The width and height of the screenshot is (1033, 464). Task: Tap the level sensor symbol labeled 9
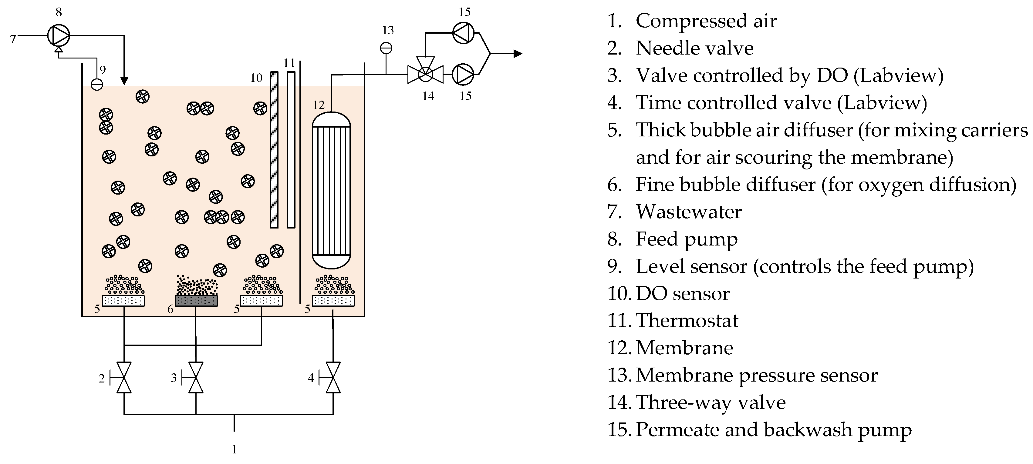click(x=97, y=84)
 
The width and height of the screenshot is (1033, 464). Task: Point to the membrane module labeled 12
click(x=331, y=190)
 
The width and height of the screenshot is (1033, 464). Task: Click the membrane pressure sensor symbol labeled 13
click(x=386, y=48)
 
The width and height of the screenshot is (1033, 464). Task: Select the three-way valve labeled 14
click(x=425, y=74)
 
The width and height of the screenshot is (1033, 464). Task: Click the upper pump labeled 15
click(x=463, y=32)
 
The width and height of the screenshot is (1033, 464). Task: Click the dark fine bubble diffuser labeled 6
click(x=197, y=301)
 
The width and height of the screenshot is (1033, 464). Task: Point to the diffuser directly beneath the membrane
click(x=333, y=301)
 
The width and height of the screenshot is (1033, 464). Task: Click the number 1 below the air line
click(x=234, y=449)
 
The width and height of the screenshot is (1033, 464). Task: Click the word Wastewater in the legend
click(x=689, y=212)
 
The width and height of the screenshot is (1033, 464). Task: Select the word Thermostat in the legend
click(x=687, y=321)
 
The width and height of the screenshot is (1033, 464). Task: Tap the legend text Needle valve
click(x=694, y=48)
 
